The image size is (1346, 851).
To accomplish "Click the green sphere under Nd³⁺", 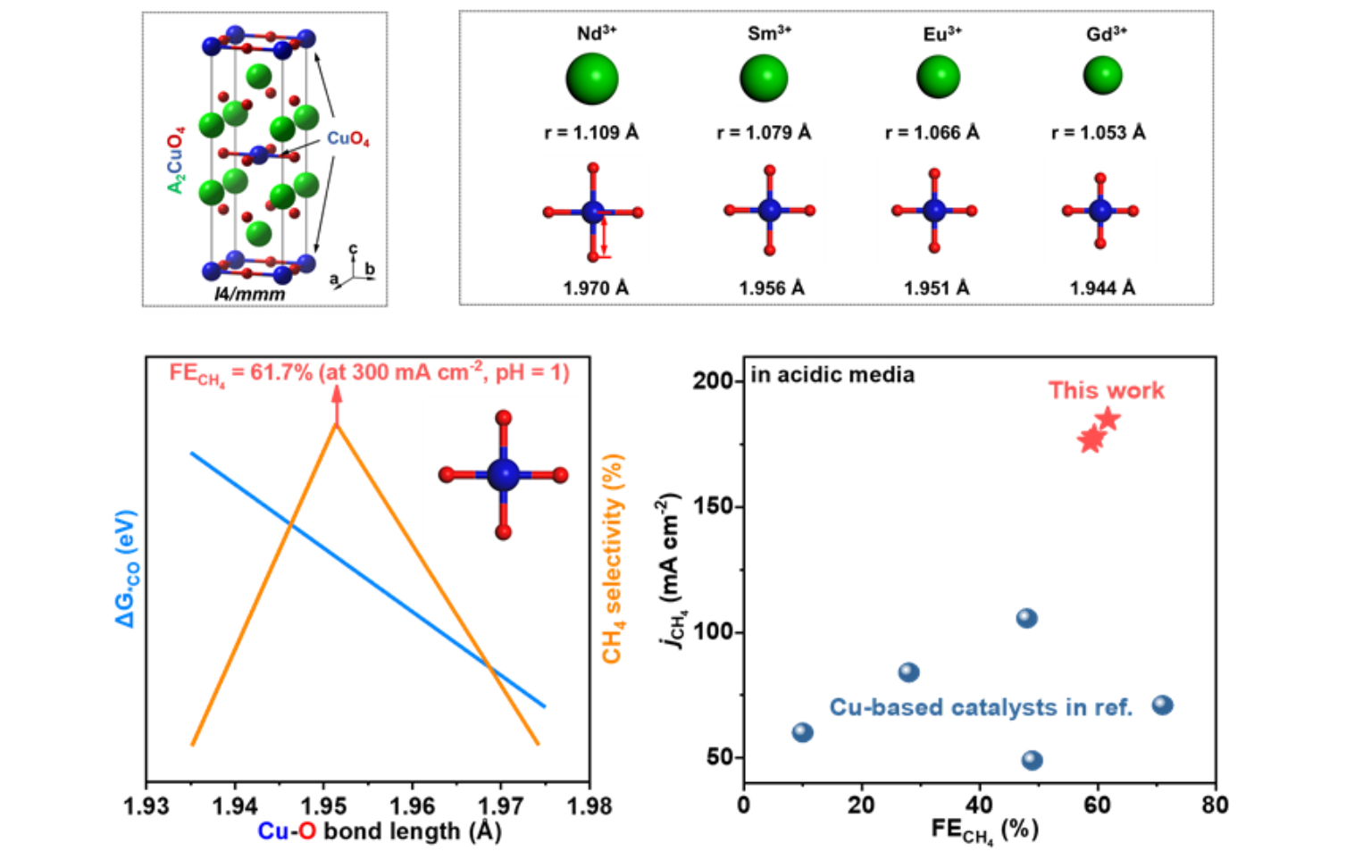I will point(591,79).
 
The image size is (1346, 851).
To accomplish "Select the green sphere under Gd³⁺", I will point(1102,75).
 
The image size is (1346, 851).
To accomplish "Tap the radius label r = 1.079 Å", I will point(764,133).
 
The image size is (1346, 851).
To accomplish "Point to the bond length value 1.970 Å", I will point(596,288).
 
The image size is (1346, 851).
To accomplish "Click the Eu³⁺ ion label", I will point(942,34).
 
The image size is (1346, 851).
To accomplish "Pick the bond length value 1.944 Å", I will point(1102,288).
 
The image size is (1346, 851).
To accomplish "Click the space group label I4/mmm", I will point(250,294).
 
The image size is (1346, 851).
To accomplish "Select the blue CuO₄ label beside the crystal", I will point(347,138).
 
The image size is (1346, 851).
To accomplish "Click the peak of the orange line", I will point(337,425).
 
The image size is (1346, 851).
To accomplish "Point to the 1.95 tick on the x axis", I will point(323,805).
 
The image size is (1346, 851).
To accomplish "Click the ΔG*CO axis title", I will point(126,568).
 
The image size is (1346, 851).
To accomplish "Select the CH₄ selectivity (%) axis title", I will point(612,559).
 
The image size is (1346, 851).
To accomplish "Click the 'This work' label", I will point(1106,390).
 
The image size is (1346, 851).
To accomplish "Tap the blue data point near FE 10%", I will point(802,732).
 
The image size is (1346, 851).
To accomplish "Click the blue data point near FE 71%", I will point(1162,705).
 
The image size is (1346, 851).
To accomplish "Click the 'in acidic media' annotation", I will point(832,375).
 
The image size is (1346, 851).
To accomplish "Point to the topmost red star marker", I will point(1108,418).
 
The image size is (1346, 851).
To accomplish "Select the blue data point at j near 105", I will point(1026,618).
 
